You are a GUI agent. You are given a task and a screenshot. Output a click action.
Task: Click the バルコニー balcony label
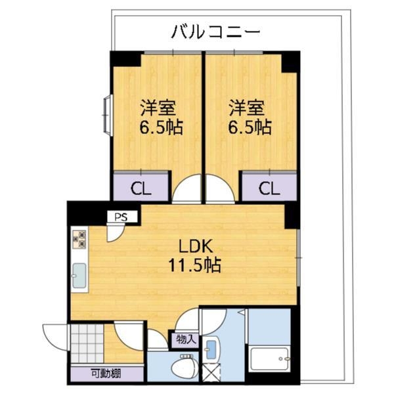click(x=217, y=31)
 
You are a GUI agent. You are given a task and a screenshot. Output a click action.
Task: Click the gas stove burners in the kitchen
click(x=80, y=239)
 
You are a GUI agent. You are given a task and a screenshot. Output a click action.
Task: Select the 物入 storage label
click(x=185, y=339)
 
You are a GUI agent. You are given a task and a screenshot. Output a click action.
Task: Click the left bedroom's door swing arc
click(x=188, y=188)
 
